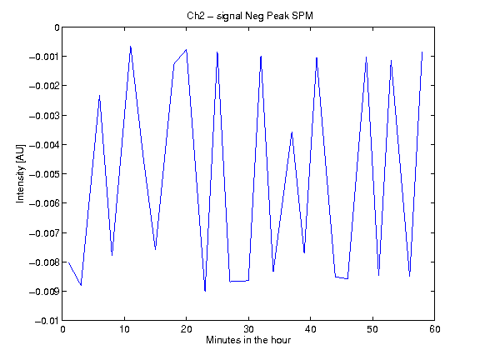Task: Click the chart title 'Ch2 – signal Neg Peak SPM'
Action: tap(250, 16)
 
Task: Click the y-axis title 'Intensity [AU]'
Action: tap(20, 173)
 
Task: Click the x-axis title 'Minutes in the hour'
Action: tap(248, 340)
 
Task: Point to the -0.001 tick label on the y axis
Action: tap(44, 57)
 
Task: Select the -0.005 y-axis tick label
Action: tap(44, 174)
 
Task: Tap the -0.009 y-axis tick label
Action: tap(44, 292)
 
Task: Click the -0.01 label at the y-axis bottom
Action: tap(47, 321)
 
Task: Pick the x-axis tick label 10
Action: tap(125, 329)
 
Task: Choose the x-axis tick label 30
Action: tap(248, 329)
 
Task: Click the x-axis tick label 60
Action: tap(435, 329)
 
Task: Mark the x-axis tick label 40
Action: tap(311, 329)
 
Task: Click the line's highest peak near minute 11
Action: tap(130, 46)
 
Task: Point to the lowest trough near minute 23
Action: tap(205, 291)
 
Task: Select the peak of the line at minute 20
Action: tap(186, 50)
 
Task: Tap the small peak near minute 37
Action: tap(292, 132)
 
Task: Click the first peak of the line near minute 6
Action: tap(99, 96)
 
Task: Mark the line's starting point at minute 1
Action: tap(68, 262)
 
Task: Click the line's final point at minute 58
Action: tap(422, 52)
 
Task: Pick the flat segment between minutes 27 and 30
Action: tap(239, 281)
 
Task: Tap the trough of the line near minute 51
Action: tap(379, 275)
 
